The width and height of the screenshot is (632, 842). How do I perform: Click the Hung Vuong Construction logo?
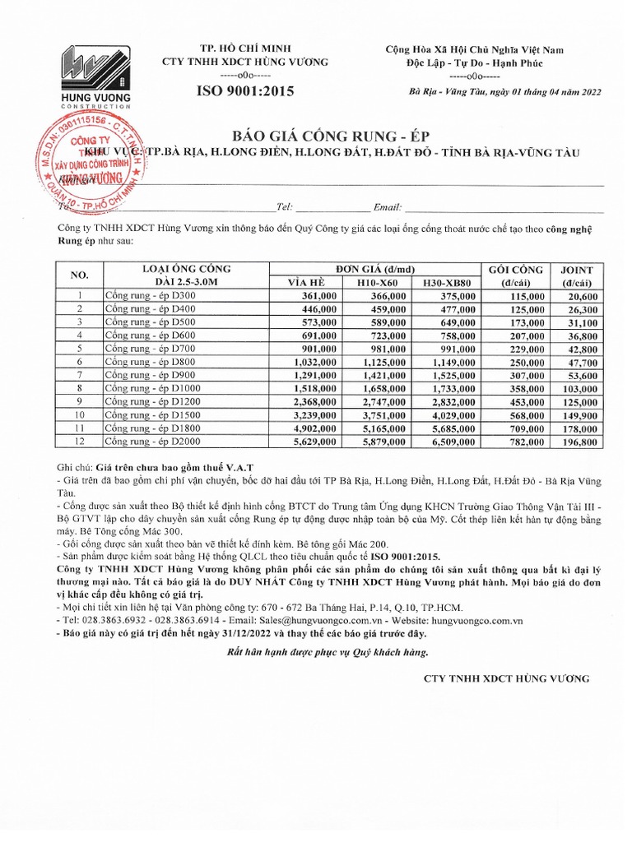click(95, 75)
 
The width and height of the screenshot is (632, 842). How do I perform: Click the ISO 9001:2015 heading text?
click(244, 91)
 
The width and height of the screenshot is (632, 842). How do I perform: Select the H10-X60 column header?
click(377, 283)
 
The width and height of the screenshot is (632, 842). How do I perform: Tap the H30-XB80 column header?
click(446, 283)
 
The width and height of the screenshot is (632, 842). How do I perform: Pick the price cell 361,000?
click(319, 296)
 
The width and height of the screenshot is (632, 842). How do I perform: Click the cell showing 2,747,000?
click(383, 402)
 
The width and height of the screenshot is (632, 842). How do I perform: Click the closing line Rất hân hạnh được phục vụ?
click(327, 652)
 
